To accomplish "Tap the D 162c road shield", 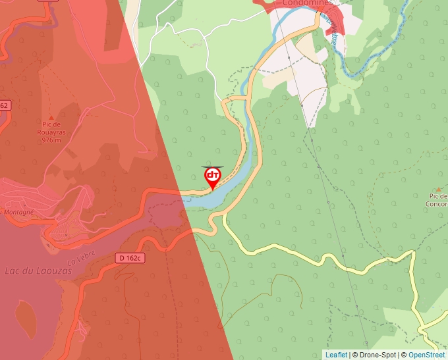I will [131, 258].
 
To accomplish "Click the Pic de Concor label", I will [437, 199].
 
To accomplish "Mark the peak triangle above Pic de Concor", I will [439, 189].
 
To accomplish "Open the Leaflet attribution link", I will [336, 355].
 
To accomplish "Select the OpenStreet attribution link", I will [427, 355].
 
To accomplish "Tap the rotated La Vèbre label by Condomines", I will [335, 30].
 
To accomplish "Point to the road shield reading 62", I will [4, 105].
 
